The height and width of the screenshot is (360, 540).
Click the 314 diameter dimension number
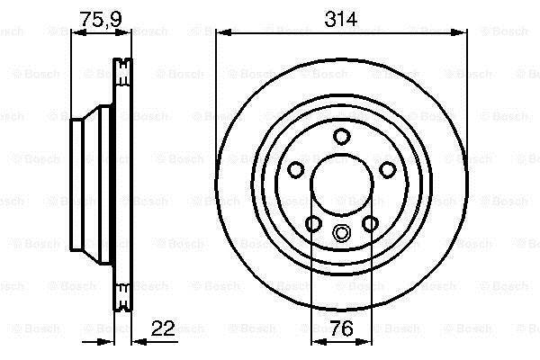coord(340,19)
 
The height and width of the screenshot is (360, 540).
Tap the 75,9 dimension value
coord(101,19)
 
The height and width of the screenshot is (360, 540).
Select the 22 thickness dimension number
coord(163,328)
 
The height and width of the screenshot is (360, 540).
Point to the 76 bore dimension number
coord(341,328)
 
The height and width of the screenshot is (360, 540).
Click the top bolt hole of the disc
coord(342,137)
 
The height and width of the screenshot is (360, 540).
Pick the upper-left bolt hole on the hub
coord(295,170)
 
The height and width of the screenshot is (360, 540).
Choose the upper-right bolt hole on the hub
coord(387,170)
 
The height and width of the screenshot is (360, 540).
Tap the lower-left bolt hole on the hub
coord(313,224)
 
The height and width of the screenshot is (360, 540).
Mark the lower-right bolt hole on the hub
coord(370,224)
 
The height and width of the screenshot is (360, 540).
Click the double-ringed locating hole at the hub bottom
coord(340,233)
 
